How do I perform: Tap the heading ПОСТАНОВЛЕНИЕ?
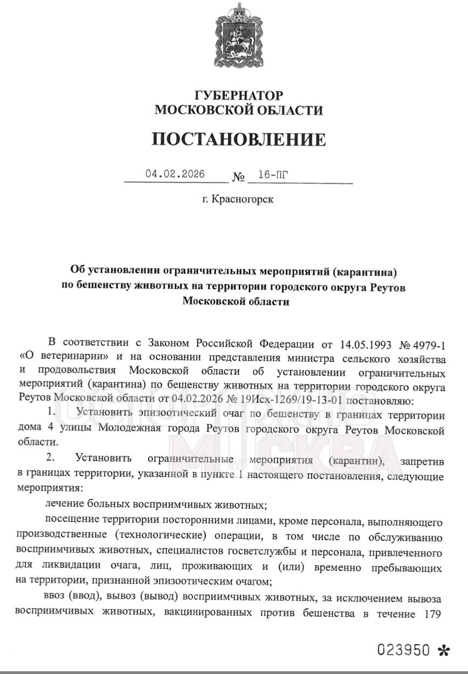[239, 139]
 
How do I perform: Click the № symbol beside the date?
[238, 176]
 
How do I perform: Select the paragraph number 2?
[50, 459]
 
